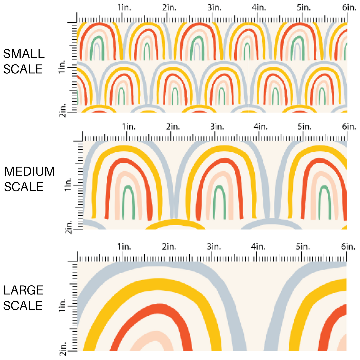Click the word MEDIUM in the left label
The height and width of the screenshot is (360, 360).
(x=30, y=172)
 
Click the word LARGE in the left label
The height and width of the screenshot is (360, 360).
(x=23, y=290)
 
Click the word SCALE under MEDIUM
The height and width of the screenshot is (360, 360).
(x=24, y=187)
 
